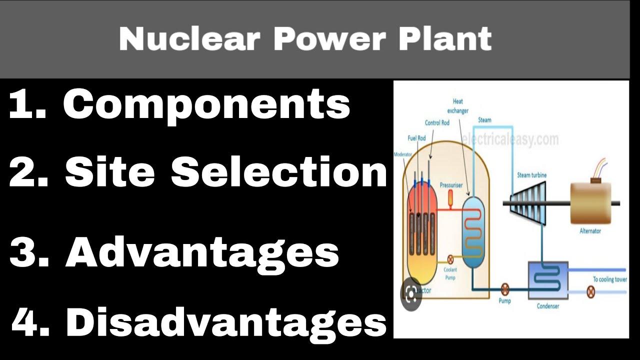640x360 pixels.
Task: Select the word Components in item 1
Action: coord(206,104)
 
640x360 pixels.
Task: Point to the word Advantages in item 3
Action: coord(202,252)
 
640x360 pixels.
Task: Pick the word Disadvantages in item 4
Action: coord(226,322)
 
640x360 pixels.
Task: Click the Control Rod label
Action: coord(437,122)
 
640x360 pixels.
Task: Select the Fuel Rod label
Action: coord(416,138)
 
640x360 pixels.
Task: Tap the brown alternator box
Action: coord(590,202)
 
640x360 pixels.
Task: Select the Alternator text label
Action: coord(590,231)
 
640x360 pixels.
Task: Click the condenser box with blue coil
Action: coord(548,280)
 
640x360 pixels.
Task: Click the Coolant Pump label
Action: coord(450,273)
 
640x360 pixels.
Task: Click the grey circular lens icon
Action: coord(411,294)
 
